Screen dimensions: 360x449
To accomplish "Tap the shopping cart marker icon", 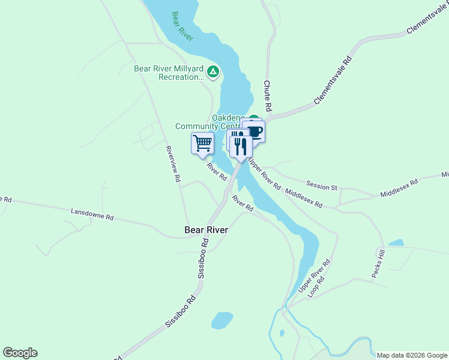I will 202,143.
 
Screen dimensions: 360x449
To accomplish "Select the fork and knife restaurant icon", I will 241,146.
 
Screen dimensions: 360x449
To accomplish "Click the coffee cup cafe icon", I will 255,131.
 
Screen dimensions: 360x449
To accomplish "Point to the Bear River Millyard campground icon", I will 212,73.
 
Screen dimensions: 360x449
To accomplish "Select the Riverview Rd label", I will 173,164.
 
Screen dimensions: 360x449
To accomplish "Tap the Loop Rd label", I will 316,287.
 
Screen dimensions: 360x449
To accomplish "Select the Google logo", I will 20,353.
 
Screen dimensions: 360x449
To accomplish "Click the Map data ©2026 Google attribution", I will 412,355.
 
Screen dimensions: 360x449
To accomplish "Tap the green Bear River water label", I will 182,26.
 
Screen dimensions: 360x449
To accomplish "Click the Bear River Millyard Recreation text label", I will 169,73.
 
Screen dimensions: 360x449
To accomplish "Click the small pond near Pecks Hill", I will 396,243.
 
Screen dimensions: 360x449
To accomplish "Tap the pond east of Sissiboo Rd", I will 221,320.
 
